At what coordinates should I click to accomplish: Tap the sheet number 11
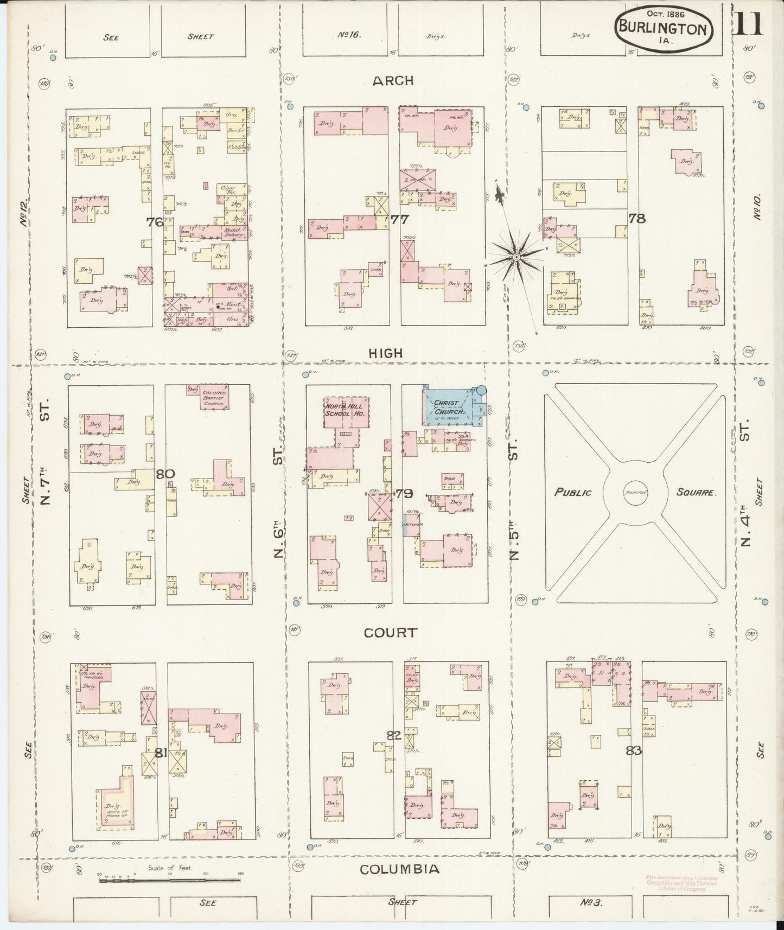click(749, 22)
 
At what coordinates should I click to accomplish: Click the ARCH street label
click(393, 81)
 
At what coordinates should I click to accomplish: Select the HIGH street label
click(385, 353)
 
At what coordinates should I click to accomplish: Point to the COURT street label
click(391, 633)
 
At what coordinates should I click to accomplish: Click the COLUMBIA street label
click(400, 869)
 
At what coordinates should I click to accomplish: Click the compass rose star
click(516, 256)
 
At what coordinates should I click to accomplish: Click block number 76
click(155, 222)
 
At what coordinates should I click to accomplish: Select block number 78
click(636, 219)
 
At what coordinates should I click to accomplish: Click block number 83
click(633, 750)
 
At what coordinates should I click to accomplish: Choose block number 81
click(160, 753)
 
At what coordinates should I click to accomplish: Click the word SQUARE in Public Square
click(697, 493)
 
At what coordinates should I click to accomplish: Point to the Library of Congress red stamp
click(681, 882)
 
